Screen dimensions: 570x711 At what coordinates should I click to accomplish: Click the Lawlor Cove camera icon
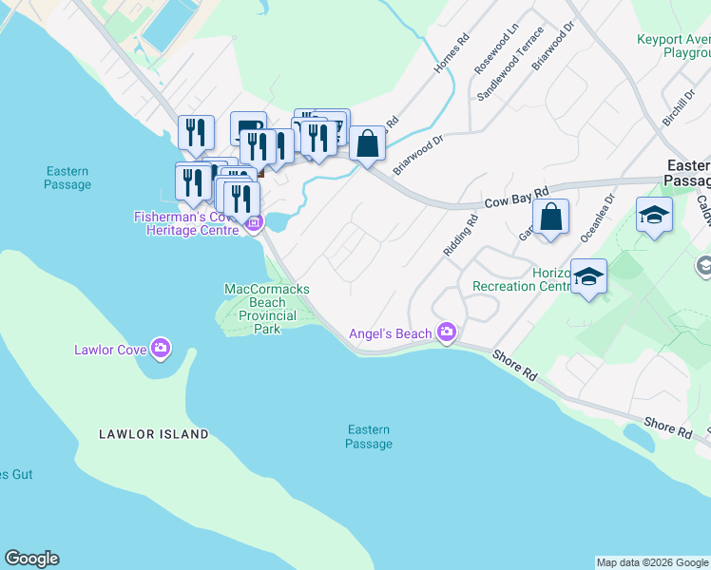click(161, 349)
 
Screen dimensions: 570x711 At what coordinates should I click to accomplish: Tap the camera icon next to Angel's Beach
click(447, 332)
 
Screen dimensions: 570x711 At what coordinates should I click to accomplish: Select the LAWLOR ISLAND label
click(154, 434)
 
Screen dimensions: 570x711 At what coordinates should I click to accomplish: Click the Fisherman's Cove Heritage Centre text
click(187, 224)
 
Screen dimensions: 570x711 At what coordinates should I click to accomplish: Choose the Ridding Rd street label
click(460, 236)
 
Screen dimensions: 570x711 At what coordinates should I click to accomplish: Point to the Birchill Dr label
click(682, 95)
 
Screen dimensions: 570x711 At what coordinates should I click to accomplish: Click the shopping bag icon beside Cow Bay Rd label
click(550, 218)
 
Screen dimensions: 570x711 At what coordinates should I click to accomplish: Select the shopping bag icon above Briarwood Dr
click(368, 144)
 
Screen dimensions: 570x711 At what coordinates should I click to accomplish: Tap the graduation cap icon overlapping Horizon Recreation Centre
click(589, 277)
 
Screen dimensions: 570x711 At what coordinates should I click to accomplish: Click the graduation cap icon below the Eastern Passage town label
click(654, 215)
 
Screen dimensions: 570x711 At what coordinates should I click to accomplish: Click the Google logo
click(31, 559)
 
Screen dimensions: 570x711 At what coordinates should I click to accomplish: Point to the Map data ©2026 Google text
click(652, 562)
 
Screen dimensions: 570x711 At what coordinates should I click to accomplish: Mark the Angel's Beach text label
click(391, 332)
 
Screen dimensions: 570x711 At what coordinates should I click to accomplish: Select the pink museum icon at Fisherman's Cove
click(254, 224)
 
